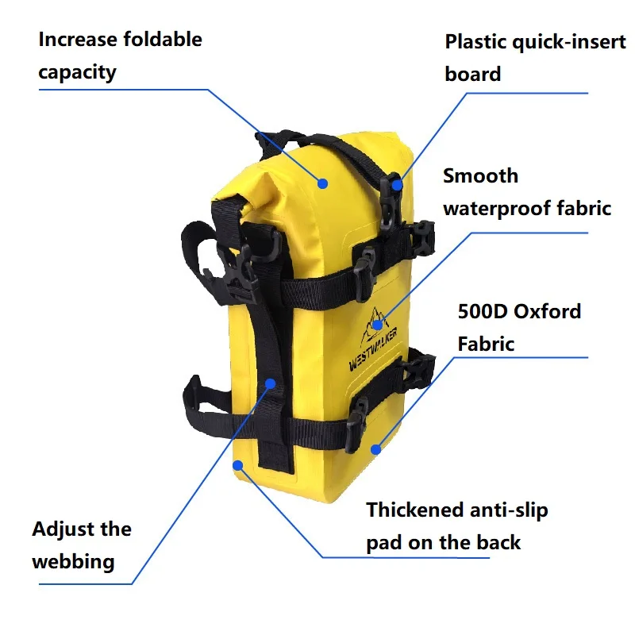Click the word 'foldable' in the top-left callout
(163, 40)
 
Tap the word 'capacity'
(77, 73)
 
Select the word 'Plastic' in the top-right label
(475, 42)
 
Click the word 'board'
(472, 74)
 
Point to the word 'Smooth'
(481, 176)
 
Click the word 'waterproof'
(497, 209)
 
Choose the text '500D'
(483, 312)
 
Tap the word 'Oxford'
(548, 312)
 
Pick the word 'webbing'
(73, 562)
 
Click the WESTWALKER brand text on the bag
(373, 348)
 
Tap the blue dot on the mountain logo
(378, 325)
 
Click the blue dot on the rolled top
(322, 184)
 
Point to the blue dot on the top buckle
(398, 185)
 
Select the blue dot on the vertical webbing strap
(271, 383)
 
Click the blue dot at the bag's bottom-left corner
(237, 465)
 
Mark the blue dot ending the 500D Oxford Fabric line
(375, 449)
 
